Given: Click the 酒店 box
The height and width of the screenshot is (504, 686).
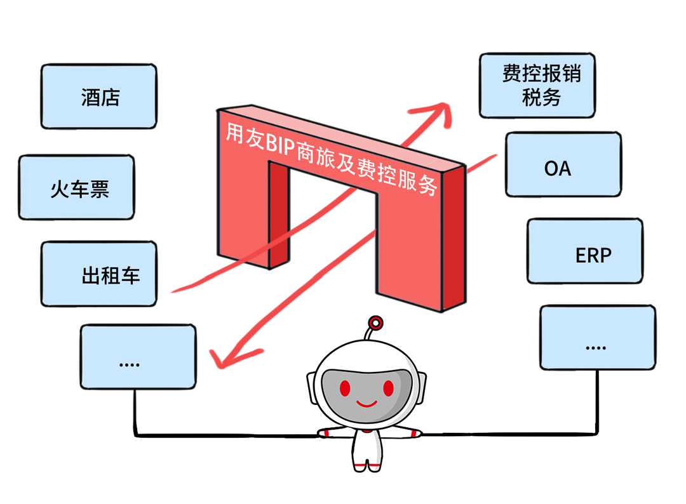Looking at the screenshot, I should click(x=98, y=97).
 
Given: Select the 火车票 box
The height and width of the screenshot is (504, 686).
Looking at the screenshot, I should click(x=76, y=188).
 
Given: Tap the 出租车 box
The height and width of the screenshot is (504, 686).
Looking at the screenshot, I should click(x=98, y=274).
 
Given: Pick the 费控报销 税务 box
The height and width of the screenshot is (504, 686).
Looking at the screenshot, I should click(x=537, y=86).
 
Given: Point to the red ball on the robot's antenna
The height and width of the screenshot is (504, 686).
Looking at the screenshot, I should click(x=376, y=323).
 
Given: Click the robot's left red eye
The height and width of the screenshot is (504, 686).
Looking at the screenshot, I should click(x=345, y=387).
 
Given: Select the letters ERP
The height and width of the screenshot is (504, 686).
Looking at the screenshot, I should click(x=593, y=255).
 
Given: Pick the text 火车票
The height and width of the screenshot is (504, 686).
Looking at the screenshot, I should click(x=80, y=190).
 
